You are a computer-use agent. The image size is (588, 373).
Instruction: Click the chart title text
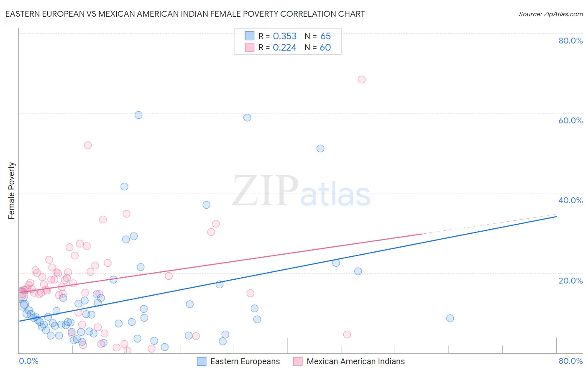(x=185, y=14)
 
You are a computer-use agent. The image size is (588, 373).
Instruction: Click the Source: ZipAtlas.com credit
(x=550, y=14)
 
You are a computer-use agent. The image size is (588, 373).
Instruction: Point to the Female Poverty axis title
(x=12, y=191)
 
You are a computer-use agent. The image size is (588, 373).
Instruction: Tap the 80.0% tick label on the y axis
(x=570, y=41)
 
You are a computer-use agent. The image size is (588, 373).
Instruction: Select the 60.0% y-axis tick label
(x=570, y=120)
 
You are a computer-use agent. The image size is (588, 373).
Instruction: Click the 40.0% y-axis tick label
(x=570, y=200)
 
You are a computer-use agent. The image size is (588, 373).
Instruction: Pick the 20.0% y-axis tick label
(x=570, y=280)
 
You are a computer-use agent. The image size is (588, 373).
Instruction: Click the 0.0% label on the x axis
(x=28, y=361)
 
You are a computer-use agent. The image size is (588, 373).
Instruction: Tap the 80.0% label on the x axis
(x=570, y=361)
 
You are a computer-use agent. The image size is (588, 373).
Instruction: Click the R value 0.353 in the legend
(x=284, y=36)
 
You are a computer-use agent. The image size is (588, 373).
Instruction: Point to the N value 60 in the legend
(x=325, y=48)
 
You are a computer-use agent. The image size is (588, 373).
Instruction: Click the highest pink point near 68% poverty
(x=362, y=79)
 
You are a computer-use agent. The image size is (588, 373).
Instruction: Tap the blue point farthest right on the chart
(x=450, y=318)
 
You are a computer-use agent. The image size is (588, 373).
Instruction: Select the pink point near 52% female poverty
(x=88, y=145)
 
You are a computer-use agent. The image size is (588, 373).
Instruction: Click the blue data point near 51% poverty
(x=320, y=148)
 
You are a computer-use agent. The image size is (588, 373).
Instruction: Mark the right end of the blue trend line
(x=556, y=217)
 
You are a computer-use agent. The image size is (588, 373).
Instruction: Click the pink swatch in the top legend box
(x=250, y=47)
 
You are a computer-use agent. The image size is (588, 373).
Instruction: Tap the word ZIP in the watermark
(x=265, y=192)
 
